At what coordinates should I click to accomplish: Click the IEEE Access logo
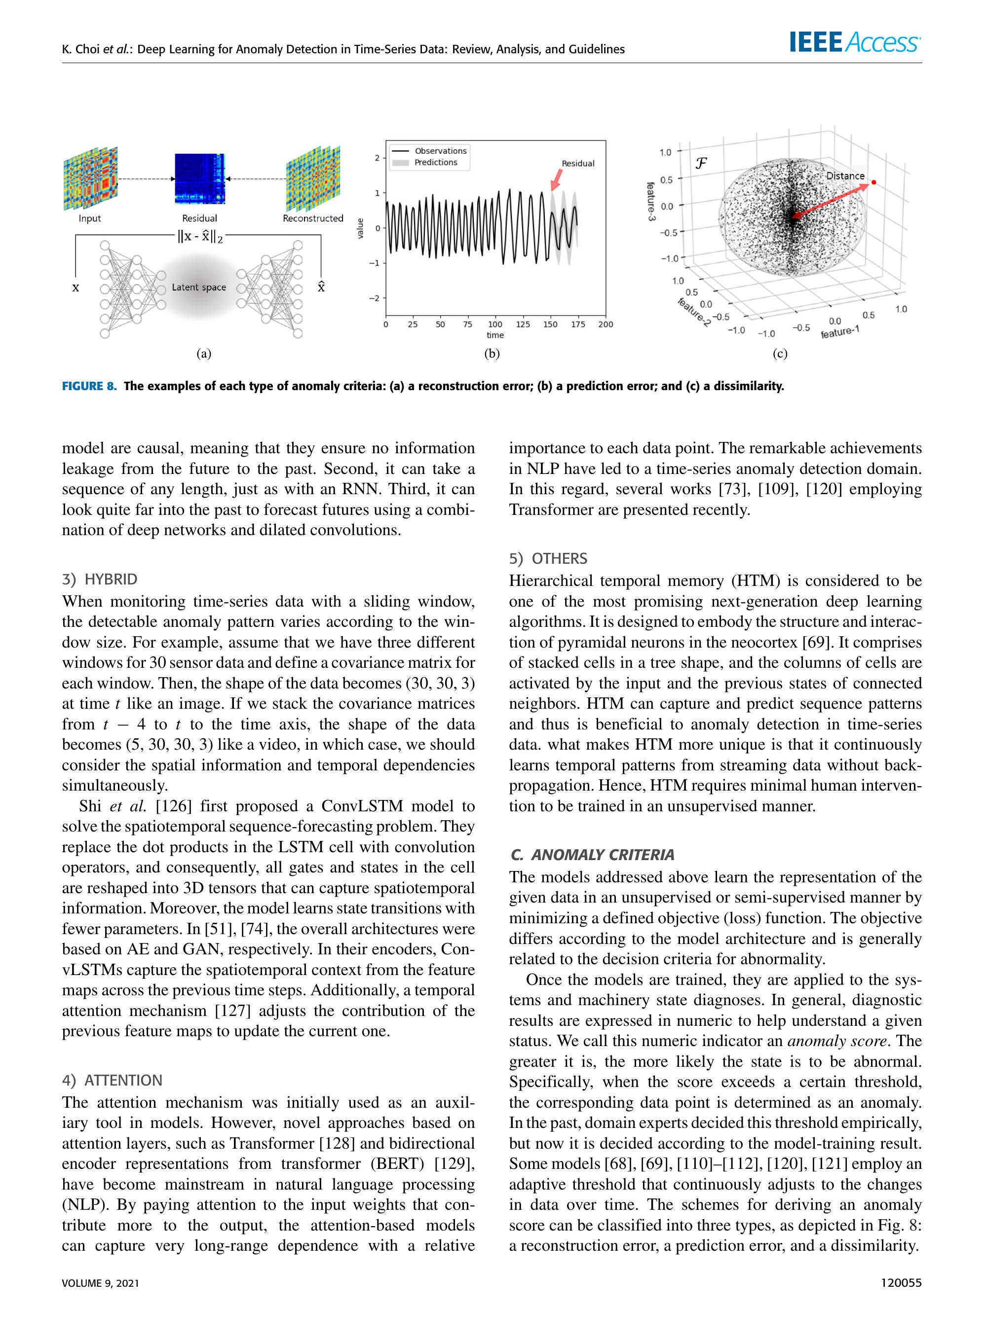[x=854, y=43]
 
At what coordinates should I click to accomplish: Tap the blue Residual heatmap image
[x=199, y=178]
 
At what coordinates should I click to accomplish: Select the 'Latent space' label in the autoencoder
[x=199, y=287]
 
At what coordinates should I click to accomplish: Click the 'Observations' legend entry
[x=440, y=151]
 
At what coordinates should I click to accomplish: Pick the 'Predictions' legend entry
[x=436, y=162]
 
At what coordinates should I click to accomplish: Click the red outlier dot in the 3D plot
[x=873, y=182]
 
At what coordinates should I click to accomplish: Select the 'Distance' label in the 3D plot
[x=845, y=176]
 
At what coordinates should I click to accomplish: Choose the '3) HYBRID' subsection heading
[x=100, y=579]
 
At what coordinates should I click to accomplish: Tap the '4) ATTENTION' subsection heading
[x=113, y=1080]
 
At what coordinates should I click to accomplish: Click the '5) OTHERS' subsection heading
[x=548, y=559]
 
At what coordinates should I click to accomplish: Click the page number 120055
[x=901, y=1282]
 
